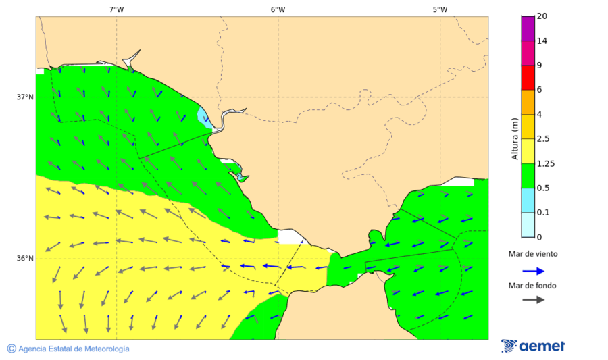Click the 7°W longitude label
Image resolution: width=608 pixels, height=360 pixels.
[116, 9]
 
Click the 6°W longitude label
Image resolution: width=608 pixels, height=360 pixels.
[278, 9]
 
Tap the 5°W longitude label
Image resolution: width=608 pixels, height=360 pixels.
[440, 9]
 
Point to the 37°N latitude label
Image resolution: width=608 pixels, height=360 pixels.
[25, 97]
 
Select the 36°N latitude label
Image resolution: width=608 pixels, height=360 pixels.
[25, 259]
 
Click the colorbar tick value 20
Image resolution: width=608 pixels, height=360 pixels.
[542, 16]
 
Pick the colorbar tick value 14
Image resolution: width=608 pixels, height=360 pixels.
[542, 41]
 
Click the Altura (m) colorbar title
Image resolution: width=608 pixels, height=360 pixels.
[515, 138]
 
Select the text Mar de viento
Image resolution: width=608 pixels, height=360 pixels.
[533, 255]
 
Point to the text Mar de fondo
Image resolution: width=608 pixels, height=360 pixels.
[533, 285]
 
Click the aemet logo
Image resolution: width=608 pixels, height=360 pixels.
[533, 346]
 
